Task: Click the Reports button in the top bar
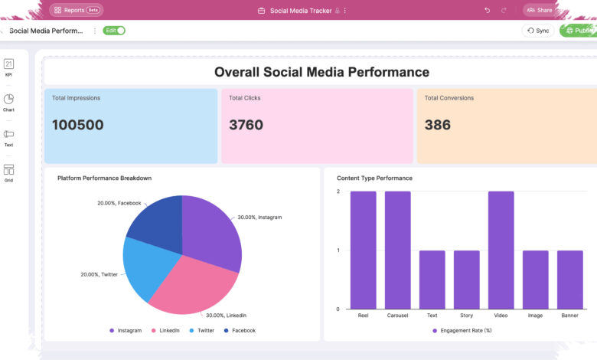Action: point(76,10)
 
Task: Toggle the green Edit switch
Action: point(114,31)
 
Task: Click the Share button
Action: point(540,10)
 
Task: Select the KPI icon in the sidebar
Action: point(8,67)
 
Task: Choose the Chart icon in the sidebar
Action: point(8,103)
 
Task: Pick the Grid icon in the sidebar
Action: point(8,173)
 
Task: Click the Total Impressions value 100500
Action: point(77,125)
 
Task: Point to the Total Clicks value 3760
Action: point(246,125)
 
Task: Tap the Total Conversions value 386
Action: point(438,125)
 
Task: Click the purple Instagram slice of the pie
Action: point(211,232)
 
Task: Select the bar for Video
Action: point(501,250)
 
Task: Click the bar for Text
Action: point(432,280)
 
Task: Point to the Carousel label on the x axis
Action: point(397,316)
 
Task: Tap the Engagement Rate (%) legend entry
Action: point(462,331)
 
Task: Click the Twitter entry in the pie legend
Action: point(202,331)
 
